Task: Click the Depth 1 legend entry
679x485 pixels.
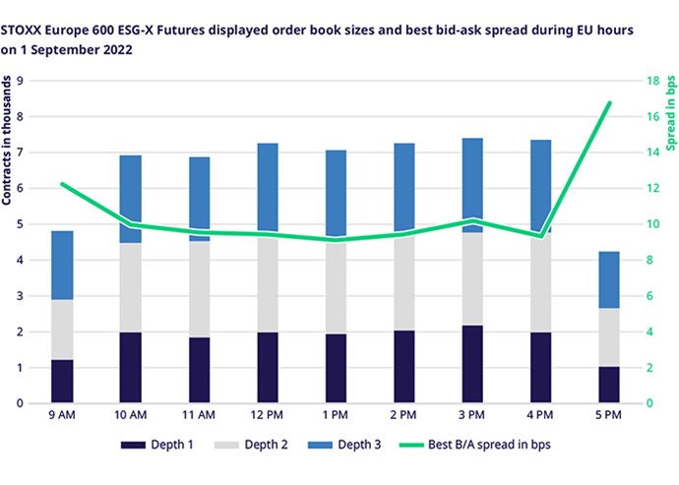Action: click(171, 445)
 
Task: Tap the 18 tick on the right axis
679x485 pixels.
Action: click(649, 81)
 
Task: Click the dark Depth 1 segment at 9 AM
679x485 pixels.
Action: click(61, 382)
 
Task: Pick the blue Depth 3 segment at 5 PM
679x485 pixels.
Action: click(610, 280)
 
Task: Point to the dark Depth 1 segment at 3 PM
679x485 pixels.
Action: click(472, 364)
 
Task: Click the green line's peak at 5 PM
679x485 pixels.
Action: click(610, 103)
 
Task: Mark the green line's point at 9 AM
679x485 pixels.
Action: click(61, 184)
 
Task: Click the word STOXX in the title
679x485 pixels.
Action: click(24, 30)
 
